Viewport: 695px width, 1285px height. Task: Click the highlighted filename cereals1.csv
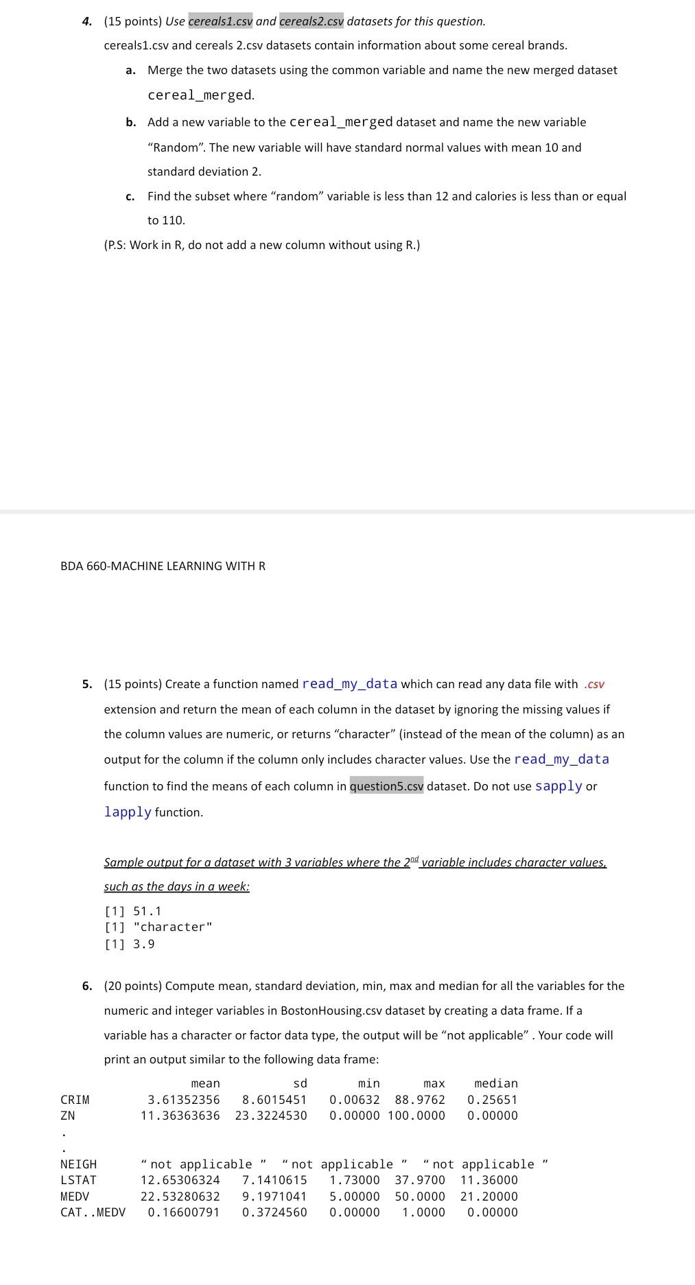point(220,21)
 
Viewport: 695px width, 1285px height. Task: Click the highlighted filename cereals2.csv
point(311,21)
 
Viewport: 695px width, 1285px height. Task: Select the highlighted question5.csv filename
point(386,786)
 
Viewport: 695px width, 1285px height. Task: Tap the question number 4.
point(86,21)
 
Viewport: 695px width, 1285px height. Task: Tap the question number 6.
point(86,986)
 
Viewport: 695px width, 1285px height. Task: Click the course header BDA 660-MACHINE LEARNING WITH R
point(163,566)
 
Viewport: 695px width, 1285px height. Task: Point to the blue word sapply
point(558,786)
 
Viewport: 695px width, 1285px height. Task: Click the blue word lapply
point(128,812)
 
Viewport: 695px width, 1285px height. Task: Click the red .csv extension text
point(593,685)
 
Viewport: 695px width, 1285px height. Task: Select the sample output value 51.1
point(148,911)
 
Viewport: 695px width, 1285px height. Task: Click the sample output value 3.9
point(143,944)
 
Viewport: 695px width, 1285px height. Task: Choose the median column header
point(496,1083)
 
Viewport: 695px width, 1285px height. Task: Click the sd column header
point(300,1083)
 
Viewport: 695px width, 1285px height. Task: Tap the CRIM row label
point(75,1100)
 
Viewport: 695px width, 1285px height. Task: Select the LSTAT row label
point(78,1180)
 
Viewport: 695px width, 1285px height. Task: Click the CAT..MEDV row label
point(93,1212)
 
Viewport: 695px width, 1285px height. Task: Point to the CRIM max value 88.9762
point(420,1100)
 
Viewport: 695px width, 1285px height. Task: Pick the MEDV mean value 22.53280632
point(180,1196)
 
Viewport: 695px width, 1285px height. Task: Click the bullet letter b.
point(130,122)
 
